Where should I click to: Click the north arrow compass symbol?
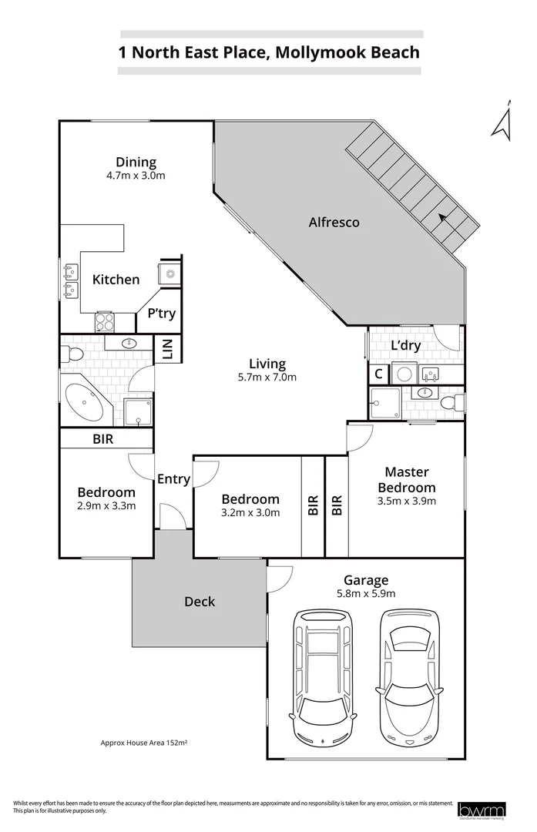pyautogui.click(x=504, y=122)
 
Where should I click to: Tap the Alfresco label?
pyautogui.click(x=334, y=223)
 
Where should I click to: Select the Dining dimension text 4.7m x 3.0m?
pyautogui.click(x=136, y=176)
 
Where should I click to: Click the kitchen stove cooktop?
pyautogui.click(x=105, y=322)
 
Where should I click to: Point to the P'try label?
pyautogui.click(x=161, y=314)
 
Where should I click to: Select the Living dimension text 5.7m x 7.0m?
pyautogui.click(x=267, y=377)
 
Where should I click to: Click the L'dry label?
pyautogui.click(x=405, y=346)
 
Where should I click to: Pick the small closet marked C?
pyautogui.click(x=378, y=374)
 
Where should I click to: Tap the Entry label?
pyautogui.click(x=173, y=479)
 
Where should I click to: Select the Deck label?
pyautogui.click(x=200, y=602)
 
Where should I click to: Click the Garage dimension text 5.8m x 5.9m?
pyautogui.click(x=367, y=594)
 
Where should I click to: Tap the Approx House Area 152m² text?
pyautogui.click(x=145, y=743)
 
